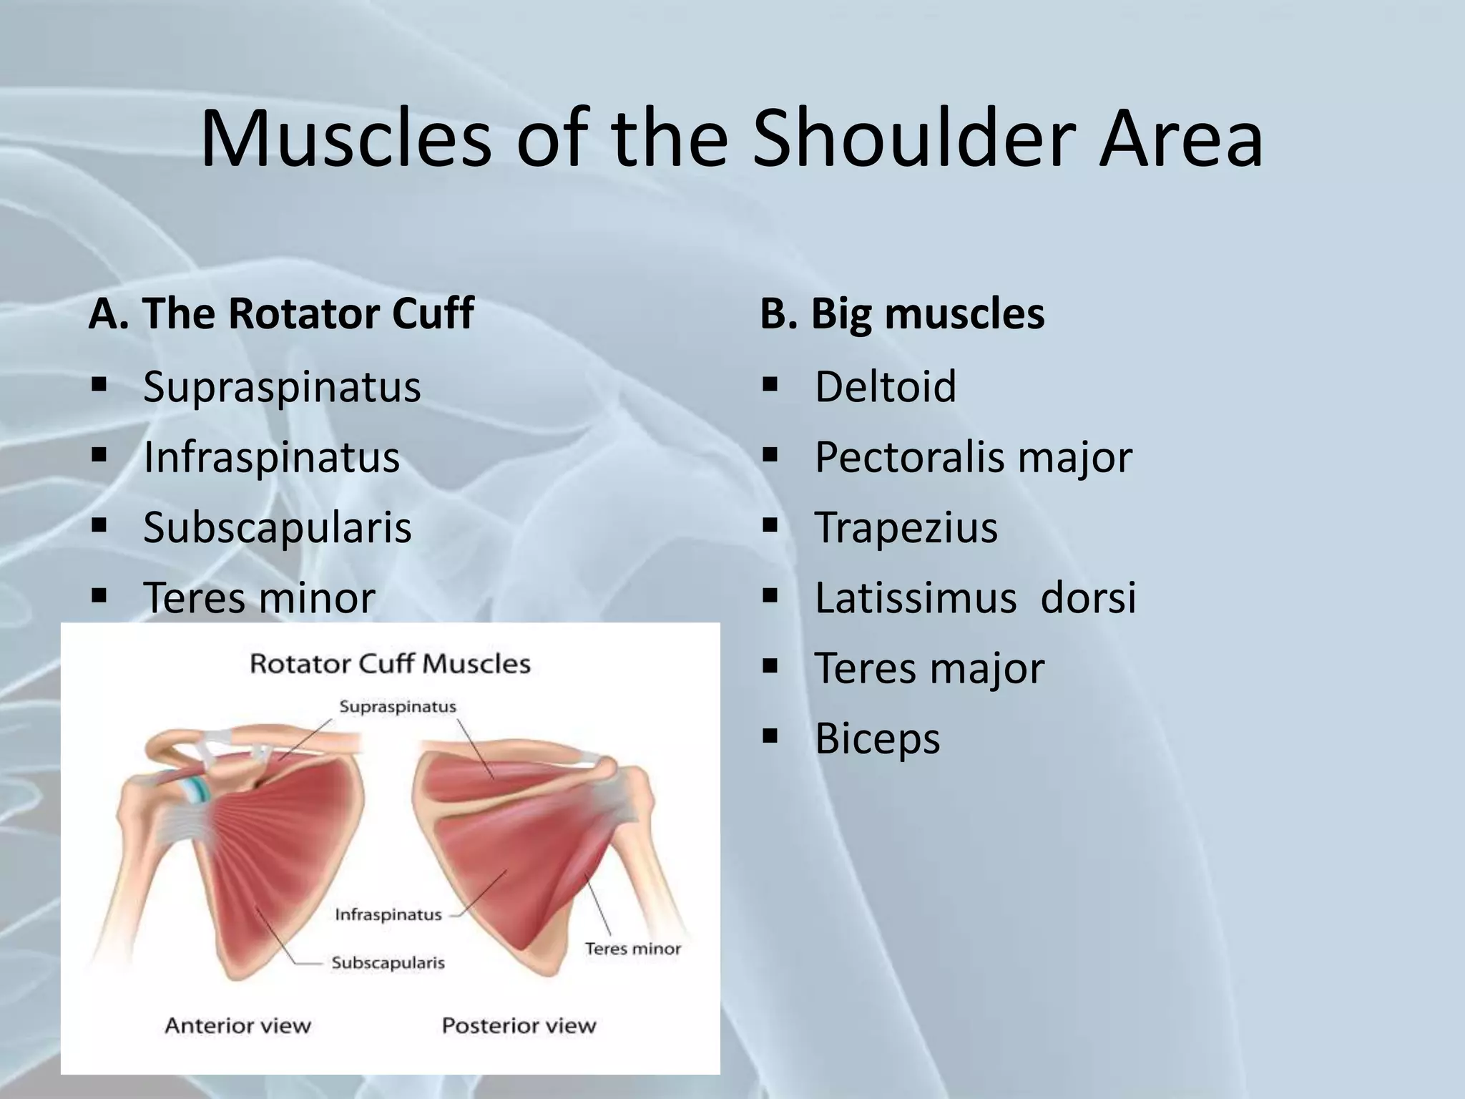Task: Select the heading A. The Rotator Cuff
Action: pyautogui.click(x=280, y=313)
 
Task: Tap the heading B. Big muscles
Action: pyautogui.click(x=902, y=313)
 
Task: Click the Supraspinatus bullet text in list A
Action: pyautogui.click(x=282, y=387)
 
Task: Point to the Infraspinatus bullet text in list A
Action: pyautogui.click(x=271, y=457)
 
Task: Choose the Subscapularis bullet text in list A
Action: pyautogui.click(x=278, y=527)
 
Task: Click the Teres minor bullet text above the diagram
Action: pyautogui.click(x=259, y=597)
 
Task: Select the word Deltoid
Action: pyautogui.click(x=885, y=387)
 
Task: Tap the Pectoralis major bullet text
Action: pyautogui.click(x=973, y=457)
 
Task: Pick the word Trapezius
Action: pyautogui.click(x=906, y=527)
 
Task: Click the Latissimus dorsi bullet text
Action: pyautogui.click(x=975, y=597)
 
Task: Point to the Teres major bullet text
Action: pyautogui.click(x=929, y=668)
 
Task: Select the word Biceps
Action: pyautogui.click(x=877, y=738)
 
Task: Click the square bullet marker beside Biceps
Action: pyautogui.click(x=770, y=736)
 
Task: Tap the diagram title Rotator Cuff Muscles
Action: pyautogui.click(x=390, y=664)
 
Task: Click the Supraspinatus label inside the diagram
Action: pyautogui.click(x=397, y=707)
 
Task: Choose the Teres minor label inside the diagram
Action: pyautogui.click(x=632, y=949)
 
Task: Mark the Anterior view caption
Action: pyautogui.click(x=237, y=1025)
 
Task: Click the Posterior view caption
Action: pyautogui.click(x=519, y=1025)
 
